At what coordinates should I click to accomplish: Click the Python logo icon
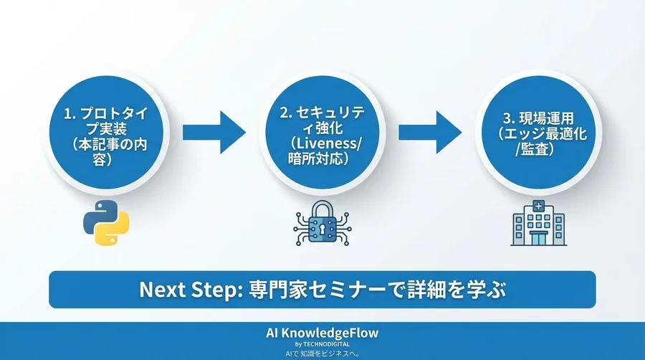click(100, 223)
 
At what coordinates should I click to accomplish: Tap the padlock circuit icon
click(321, 224)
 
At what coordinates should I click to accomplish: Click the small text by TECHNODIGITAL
click(322, 345)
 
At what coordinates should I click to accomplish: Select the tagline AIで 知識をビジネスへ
click(322, 354)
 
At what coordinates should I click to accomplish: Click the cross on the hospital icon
click(537, 207)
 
